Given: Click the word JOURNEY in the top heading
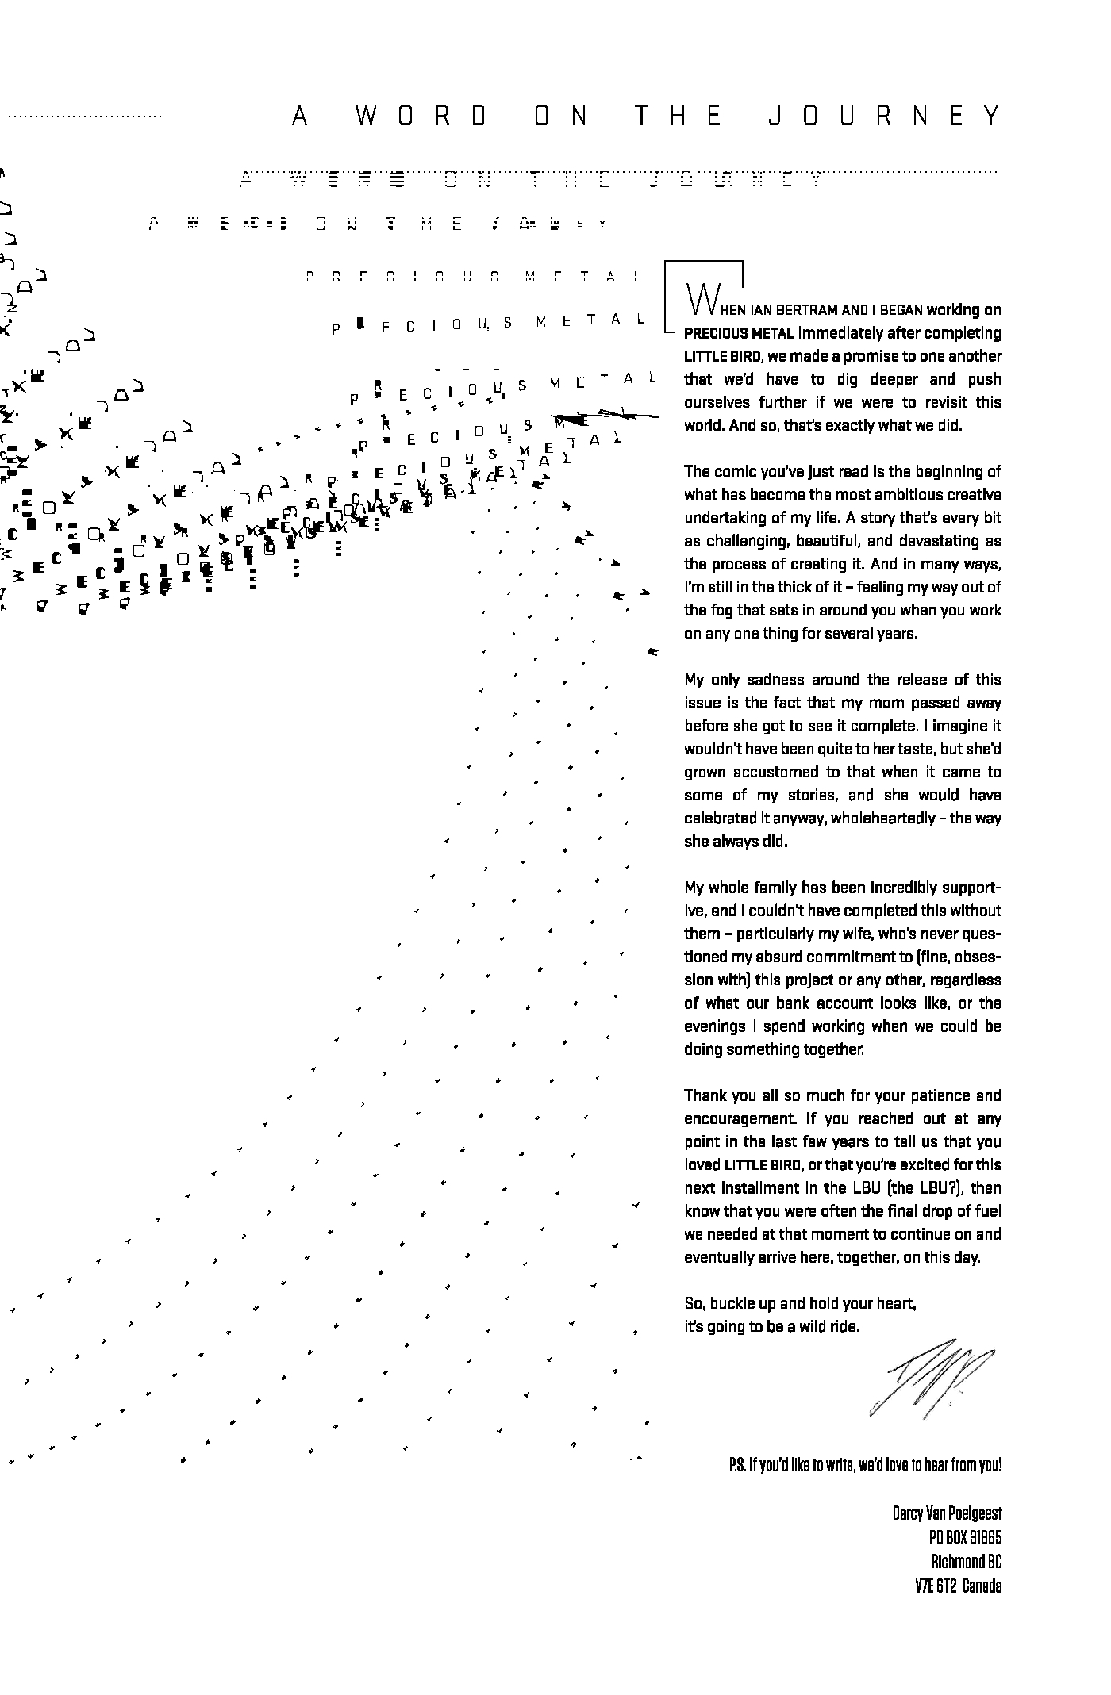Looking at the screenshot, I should pyautogui.click(x=884, y=117).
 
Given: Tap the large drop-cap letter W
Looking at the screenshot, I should pyautogui.click(x=703, y=298).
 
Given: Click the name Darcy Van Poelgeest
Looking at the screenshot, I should pyautogui.click(x=947, y=1513).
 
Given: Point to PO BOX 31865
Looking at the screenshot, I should pyautogui.click(x=965, y=1538).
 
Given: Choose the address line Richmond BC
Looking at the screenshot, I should pyautogui.click(x=966, y=1562).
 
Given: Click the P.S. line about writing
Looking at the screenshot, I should pyautogui.click(x=865, y=1465).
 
